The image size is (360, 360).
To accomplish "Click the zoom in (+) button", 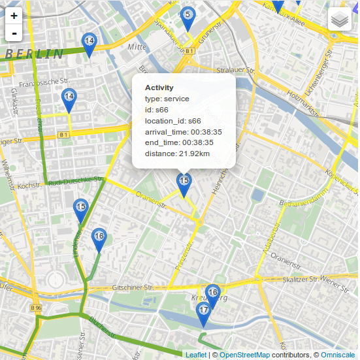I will (14, 15).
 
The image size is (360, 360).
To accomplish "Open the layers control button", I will (340, 19).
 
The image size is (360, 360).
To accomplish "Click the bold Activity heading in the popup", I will (159, 88).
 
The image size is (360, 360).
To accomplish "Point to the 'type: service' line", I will (167, 99).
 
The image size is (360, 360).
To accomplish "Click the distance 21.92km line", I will (177, 154).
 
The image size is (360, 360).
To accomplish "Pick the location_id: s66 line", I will (172, 121).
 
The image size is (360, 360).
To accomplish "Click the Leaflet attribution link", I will (195, 355).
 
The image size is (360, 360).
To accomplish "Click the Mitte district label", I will (137, 47).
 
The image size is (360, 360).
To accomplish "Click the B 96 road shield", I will (37, 307).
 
